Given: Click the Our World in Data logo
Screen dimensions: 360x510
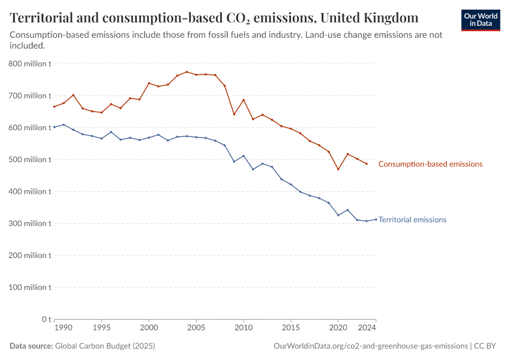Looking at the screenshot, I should (480, 20).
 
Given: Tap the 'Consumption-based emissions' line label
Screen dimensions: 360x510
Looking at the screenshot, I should (430, 164).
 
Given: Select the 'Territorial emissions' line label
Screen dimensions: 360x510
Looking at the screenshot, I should (412, 220).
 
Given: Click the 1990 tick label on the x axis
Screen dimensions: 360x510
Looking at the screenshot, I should (63, 328).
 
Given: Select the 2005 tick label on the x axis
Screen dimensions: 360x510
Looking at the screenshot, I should (196, 328).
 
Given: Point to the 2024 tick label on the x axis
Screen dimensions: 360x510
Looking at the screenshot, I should (367, 328).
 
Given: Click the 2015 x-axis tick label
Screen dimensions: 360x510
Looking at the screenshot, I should (291, 328).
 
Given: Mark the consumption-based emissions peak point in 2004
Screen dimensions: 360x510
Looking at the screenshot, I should (187, 72).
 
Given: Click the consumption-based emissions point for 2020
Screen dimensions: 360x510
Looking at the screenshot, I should (338, 169).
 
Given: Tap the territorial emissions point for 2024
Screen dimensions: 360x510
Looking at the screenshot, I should (376, 219).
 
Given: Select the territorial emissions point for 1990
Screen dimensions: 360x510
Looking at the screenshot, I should (54, 127).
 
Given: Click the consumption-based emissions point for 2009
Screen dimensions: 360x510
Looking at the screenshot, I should (234, 114).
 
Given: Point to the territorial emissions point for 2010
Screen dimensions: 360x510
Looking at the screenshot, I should (244, 156).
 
